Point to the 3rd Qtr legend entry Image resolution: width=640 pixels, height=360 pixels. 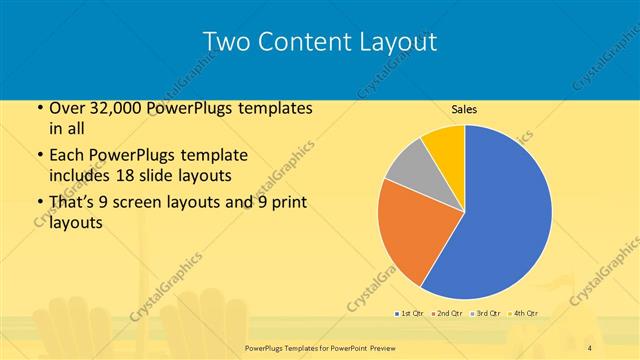[486, 314]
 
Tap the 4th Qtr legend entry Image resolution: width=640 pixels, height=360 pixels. [524, 314]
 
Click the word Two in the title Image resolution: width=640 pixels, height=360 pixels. [224, 42]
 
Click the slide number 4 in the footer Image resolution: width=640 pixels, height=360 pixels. [590, 346]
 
